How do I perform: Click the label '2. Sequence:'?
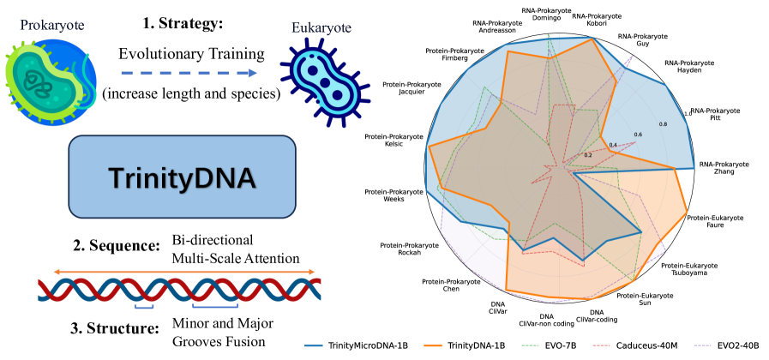pyautogui.click(x=117, y=246)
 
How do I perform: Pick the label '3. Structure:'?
pyautogui.click(x=117, y=328)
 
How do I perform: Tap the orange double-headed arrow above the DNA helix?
pyautogui.click(x=177, y=273)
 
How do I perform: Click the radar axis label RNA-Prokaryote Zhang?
pyautogui.click(x=724, y=168)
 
